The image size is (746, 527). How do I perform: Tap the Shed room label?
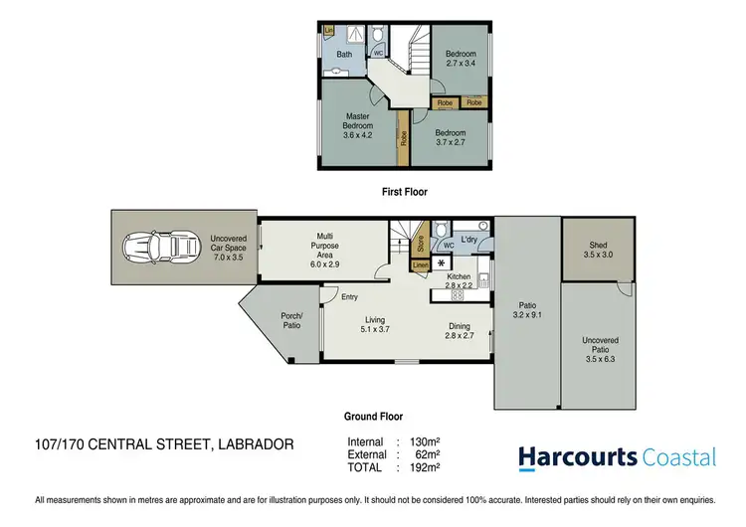tap(598, 250)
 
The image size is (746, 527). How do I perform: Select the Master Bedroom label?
tap(358, 125)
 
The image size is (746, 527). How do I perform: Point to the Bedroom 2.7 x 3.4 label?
tap(461, 59)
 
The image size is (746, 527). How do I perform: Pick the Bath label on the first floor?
tap(344, 55)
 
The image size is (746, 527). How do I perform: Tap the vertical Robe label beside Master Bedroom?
tap(403, 140)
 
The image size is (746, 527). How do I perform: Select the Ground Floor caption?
tap(373, 418)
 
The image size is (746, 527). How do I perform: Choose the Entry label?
tap(349, 296)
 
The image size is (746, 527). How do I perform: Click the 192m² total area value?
tap(425, 466)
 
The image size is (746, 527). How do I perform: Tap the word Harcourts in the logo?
tap(578, 457)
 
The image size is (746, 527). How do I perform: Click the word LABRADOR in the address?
tap(255, 444)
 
